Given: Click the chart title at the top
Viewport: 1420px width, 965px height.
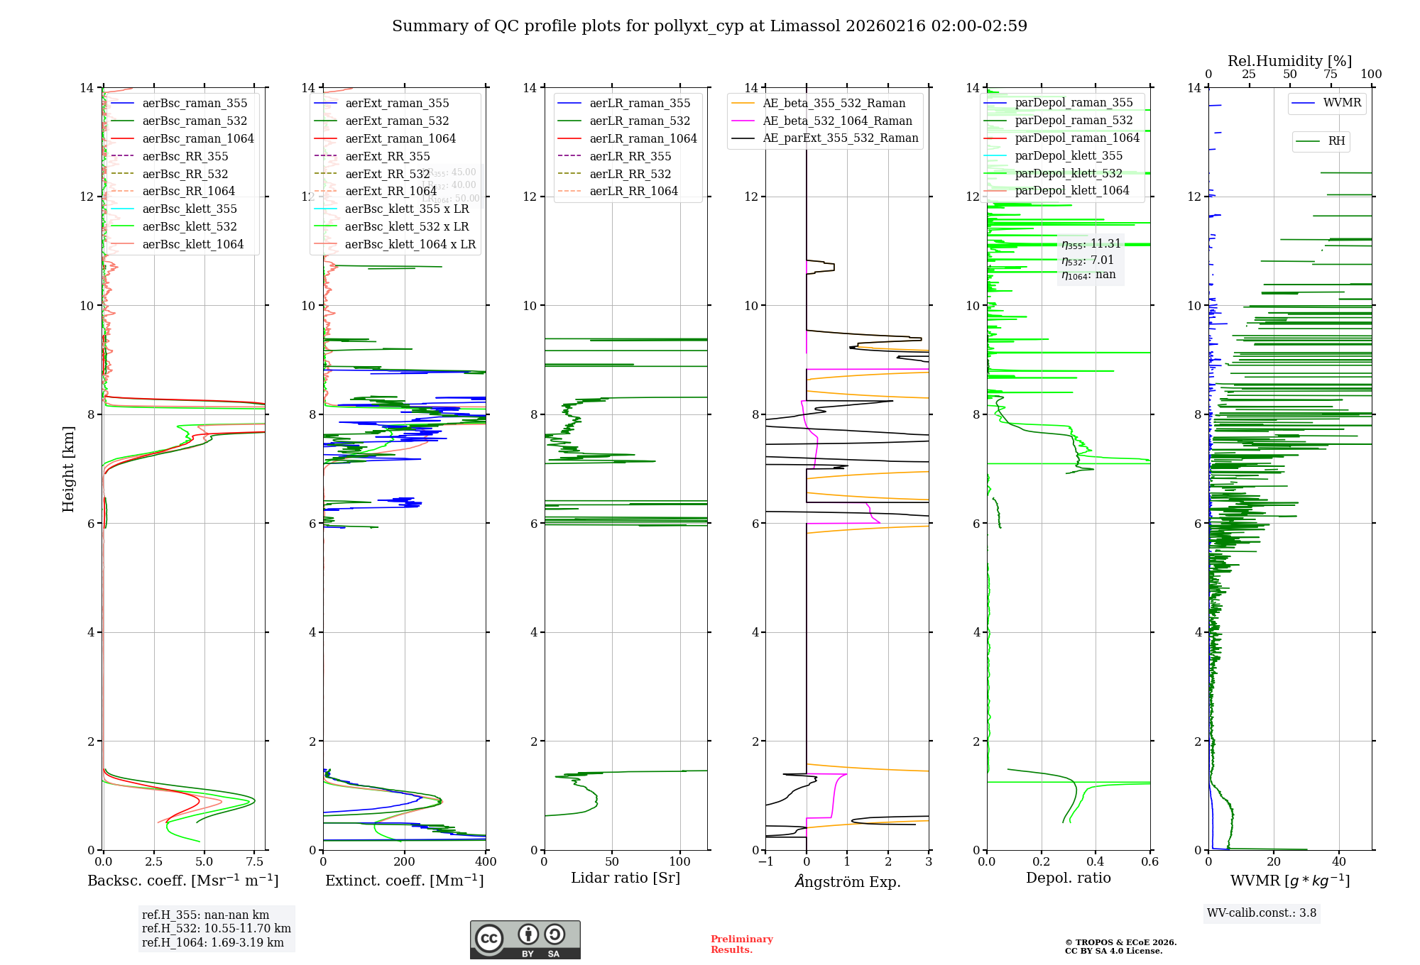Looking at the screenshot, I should [x=709, y=26].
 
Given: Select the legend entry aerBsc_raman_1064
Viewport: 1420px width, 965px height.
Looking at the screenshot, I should [x=197, y=138].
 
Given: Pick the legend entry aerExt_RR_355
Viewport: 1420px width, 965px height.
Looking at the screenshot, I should [x=387, y=156].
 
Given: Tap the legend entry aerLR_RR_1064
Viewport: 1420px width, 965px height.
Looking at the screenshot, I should [x=633, y=191].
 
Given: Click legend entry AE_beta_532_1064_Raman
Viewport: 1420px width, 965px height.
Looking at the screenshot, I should [x=837, y=121].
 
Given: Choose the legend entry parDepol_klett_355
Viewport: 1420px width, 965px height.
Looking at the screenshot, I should [x=1069, y=155].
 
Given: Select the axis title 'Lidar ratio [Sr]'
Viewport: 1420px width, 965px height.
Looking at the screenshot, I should [x=625, y=878].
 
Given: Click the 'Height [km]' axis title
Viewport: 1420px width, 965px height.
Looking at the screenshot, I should [x=68, y=468].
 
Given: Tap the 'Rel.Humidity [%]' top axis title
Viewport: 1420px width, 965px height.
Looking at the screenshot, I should [x=1289, y=61].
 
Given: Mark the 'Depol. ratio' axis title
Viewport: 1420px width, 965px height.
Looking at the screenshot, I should [x=1068, y=878].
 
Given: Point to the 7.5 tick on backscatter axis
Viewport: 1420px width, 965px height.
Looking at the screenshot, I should [x=255, y=862].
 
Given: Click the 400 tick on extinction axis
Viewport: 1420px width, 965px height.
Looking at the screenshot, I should [x=486, y=862].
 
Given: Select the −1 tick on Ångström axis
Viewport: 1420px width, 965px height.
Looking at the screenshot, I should [x=765, y=862].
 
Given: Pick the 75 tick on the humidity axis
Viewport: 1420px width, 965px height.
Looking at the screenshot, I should [x=1331, y=75].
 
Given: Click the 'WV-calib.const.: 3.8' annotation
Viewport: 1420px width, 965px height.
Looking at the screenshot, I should [x=1262, y=913].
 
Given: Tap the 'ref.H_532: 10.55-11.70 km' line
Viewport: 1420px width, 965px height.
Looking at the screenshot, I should [x=216, y=929].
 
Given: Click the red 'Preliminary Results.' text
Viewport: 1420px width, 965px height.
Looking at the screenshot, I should [x=741, y=944].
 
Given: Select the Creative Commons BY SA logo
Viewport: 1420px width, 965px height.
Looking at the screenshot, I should [x=525, y=940].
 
